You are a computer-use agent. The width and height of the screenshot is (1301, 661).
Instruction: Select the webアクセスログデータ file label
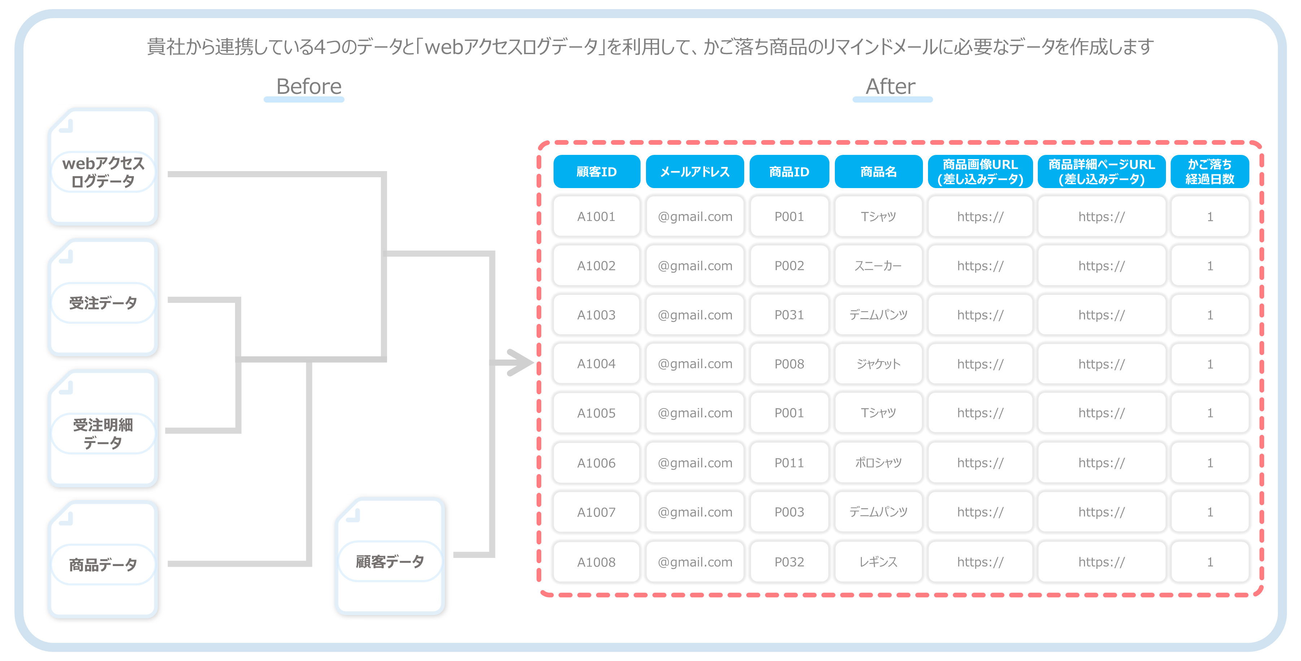[x=103, y=172]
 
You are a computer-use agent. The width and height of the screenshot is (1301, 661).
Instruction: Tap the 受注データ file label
[x=103, y=303]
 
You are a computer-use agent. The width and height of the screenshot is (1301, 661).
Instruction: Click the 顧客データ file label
[x=390, y=561]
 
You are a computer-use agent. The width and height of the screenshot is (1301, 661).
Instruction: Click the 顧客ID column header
[x=597, y=172]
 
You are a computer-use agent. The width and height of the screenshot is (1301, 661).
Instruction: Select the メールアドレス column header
[x=695, y=172]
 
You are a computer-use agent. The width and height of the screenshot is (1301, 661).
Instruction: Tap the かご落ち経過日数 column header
[x=1210, y=172]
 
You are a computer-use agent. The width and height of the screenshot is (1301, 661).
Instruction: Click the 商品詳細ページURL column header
[x=1102, y=172]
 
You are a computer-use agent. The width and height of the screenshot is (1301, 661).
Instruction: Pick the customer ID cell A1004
[x=597, y=364]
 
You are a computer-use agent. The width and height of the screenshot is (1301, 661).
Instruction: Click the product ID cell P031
[x=789, y=314]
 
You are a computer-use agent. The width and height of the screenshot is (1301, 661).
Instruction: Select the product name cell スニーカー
[x=878, y=266]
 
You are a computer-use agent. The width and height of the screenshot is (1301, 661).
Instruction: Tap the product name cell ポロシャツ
[x=878, y=462]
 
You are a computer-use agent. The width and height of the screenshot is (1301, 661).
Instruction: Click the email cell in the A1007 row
[x=695, y=512]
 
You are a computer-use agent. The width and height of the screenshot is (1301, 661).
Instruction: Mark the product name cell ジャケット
[x=878, y=364]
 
